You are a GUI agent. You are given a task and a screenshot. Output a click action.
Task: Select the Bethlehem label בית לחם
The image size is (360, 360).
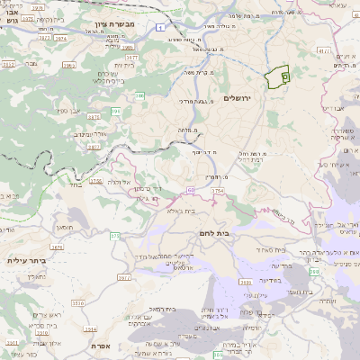(x=237, y=231)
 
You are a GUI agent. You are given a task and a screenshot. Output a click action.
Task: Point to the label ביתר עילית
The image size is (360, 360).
(x=24, y=260)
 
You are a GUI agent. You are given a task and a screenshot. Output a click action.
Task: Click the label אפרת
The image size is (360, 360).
(x=100, y=345)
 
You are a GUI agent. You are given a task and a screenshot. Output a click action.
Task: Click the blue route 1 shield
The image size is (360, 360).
(x=159, y=28)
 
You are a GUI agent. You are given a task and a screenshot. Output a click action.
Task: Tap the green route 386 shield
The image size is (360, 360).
(x=140, y=94)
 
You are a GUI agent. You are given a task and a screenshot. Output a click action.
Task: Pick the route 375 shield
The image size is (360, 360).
(x=114, y=236)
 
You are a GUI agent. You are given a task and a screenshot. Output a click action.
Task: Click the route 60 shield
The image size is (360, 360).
(x=192, y=190)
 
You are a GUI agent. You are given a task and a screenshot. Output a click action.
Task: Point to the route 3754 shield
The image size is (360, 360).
(x=217, y=191)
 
